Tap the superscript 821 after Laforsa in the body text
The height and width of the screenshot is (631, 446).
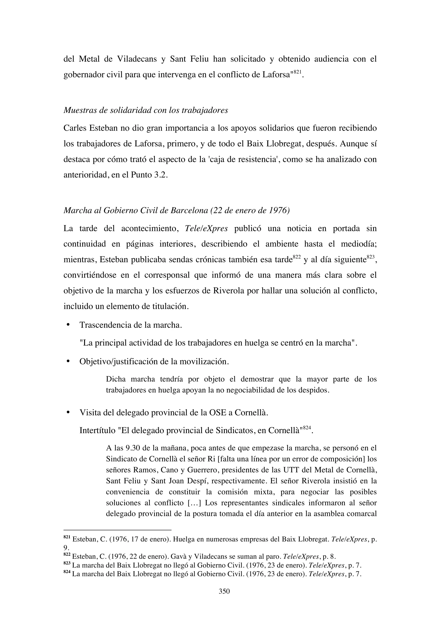(x=297, y=72)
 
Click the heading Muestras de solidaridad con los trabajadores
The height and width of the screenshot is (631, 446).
(x=145, y=110)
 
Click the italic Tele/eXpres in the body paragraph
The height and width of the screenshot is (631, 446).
(x=206, y=228)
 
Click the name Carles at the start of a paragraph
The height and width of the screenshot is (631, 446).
(x=75, y=128)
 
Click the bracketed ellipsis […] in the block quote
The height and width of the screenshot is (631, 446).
(x=194, y=503)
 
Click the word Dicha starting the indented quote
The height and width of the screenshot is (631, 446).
(x=116, y=379)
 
